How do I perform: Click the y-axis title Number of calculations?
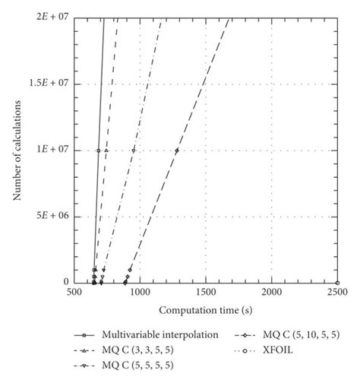click(x=16, y=150)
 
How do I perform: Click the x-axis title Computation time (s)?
click(x=205, y=311)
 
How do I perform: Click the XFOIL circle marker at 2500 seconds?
click(x=337, y=283)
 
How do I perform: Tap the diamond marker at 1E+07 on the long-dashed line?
click(x=176, y=150)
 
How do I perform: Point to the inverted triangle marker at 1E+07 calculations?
click(x=134, y=150)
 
